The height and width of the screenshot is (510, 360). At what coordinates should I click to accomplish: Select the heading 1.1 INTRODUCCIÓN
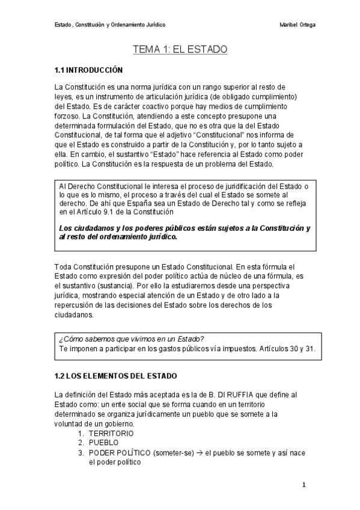(88, 70)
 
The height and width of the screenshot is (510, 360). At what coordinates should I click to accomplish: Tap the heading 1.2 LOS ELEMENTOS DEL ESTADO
(115, 376)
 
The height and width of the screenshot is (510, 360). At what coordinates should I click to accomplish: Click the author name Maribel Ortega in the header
(298, 25)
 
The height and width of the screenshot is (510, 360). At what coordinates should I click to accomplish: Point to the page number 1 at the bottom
(304, 484)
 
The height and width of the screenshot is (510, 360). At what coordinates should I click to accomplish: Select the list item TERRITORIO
(111, 433)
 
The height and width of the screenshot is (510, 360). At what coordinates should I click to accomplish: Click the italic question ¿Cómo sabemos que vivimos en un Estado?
(131, 339)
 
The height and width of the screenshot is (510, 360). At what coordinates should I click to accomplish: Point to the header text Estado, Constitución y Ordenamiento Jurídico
(110, 25)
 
